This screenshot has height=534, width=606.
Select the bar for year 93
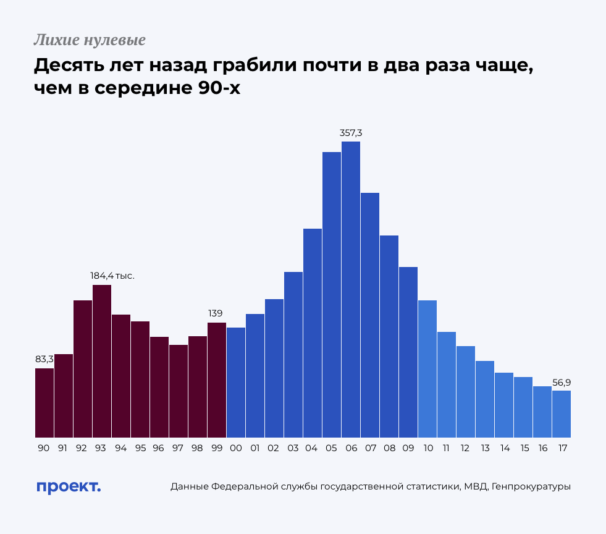coord(102,361)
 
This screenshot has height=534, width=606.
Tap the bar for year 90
coord(44,403)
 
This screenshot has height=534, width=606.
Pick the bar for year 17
coord(562,414)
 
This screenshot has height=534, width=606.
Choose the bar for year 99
coord(217,380)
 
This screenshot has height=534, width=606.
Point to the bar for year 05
coord(332,295)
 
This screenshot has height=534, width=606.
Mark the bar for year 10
coord(427,369)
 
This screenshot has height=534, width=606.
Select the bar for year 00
coord(236,383)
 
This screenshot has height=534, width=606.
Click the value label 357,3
coord(351,133)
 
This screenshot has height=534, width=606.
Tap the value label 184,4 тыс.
coord(112,276)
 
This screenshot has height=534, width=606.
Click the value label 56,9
coord(562,383)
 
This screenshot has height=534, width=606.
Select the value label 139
coord(216,313)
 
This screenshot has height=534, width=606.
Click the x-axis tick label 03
coord(293,448)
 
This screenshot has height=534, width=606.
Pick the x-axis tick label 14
coord(505,448)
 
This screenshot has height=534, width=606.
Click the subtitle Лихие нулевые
coord(90,41)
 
